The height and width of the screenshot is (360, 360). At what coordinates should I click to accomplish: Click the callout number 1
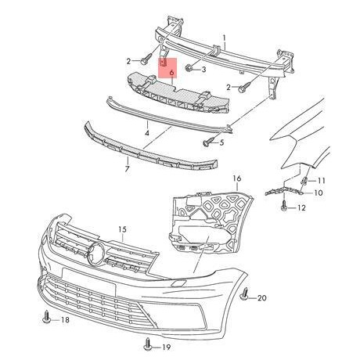(x=225, y=38)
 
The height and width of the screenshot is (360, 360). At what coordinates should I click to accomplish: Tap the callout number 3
(x=203, y=70)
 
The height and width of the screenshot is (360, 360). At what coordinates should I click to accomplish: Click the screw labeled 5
(x=207, y=142)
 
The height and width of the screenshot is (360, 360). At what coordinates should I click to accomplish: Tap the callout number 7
(x=128, y=168)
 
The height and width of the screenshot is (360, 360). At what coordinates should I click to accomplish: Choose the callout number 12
(x=301, y=208)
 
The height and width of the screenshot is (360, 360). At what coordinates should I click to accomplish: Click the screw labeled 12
(x=283, y=207)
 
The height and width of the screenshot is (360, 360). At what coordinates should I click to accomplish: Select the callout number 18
(x=64, y=321)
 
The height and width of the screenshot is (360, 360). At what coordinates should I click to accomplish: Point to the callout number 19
(x=166, y=347)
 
